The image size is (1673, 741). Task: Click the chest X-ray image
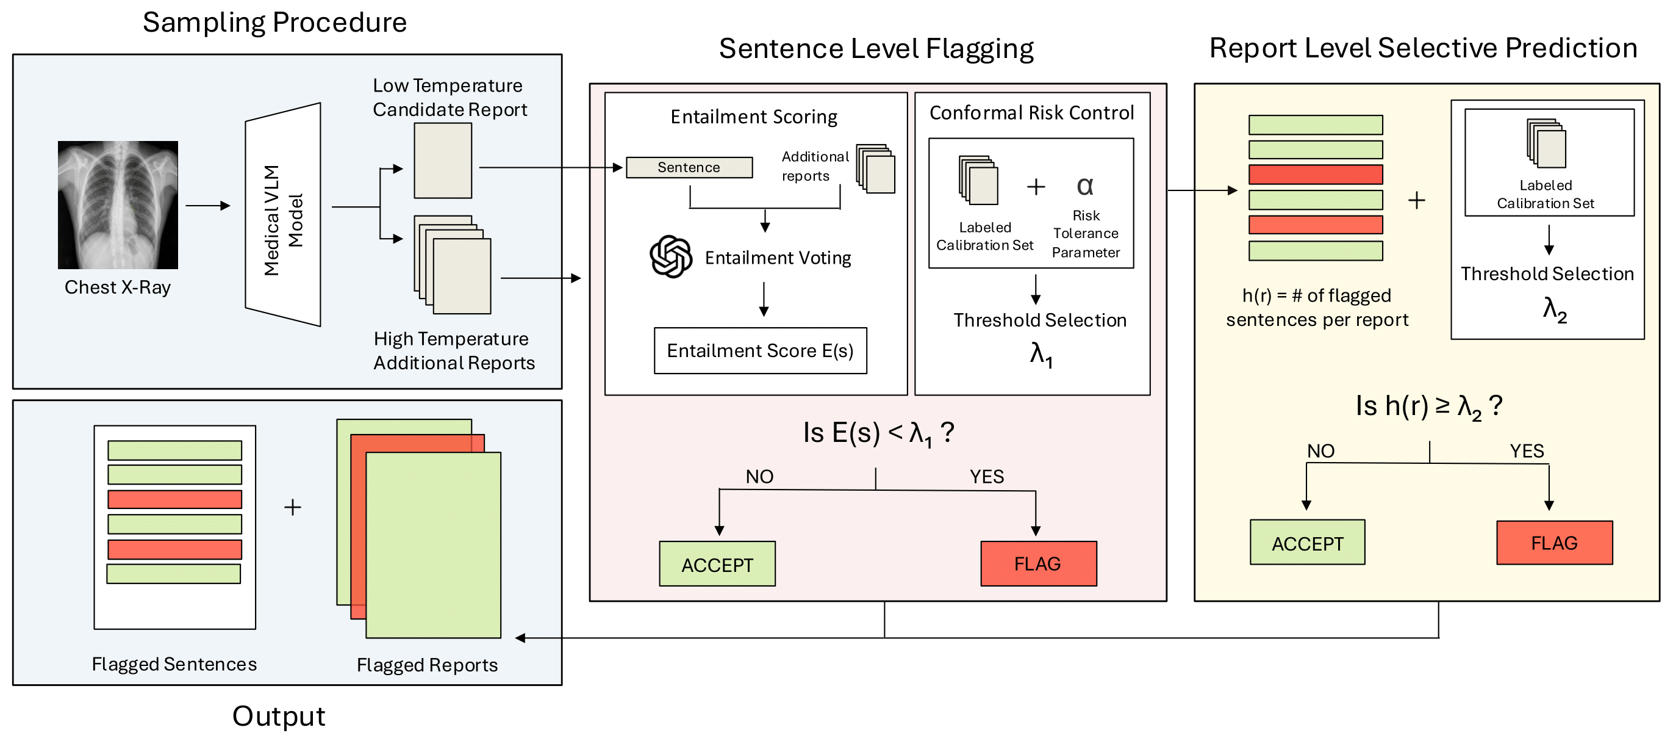click(x=118, y=204)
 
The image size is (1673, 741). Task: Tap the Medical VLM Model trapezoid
click(x=282, y=214)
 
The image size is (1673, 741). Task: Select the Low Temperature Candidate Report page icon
click(x=443, y=161)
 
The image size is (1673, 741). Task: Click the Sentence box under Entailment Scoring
click(x=689, y=168)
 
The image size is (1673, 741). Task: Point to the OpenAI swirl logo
click(x=670, y=257)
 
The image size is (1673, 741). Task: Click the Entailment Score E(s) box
click(x=760, y=351)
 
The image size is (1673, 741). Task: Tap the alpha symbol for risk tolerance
click(x=1084, y=187)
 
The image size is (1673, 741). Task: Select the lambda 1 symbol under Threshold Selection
click(x=1041, y=355)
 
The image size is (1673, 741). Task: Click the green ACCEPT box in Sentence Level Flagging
click(x=717, y=564)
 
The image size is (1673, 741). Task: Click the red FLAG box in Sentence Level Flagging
click(x=1038, y=563)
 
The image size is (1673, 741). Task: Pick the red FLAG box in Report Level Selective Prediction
click(x=1553, y=543)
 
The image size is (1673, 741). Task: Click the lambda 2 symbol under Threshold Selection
click(x=1554, y=309)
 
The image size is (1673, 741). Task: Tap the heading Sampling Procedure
click(x=274, y=23)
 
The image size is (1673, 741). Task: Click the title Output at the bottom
click(x=279, y=717)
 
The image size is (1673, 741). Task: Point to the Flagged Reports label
click(x=427, y=665)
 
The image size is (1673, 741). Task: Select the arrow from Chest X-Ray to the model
click(x=208, y=206)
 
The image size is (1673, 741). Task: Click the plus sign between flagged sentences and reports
click(x=293, y=507)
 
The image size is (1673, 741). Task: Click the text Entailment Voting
click(x=778, y=258)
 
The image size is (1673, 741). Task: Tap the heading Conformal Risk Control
click(x=1031, y=113)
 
